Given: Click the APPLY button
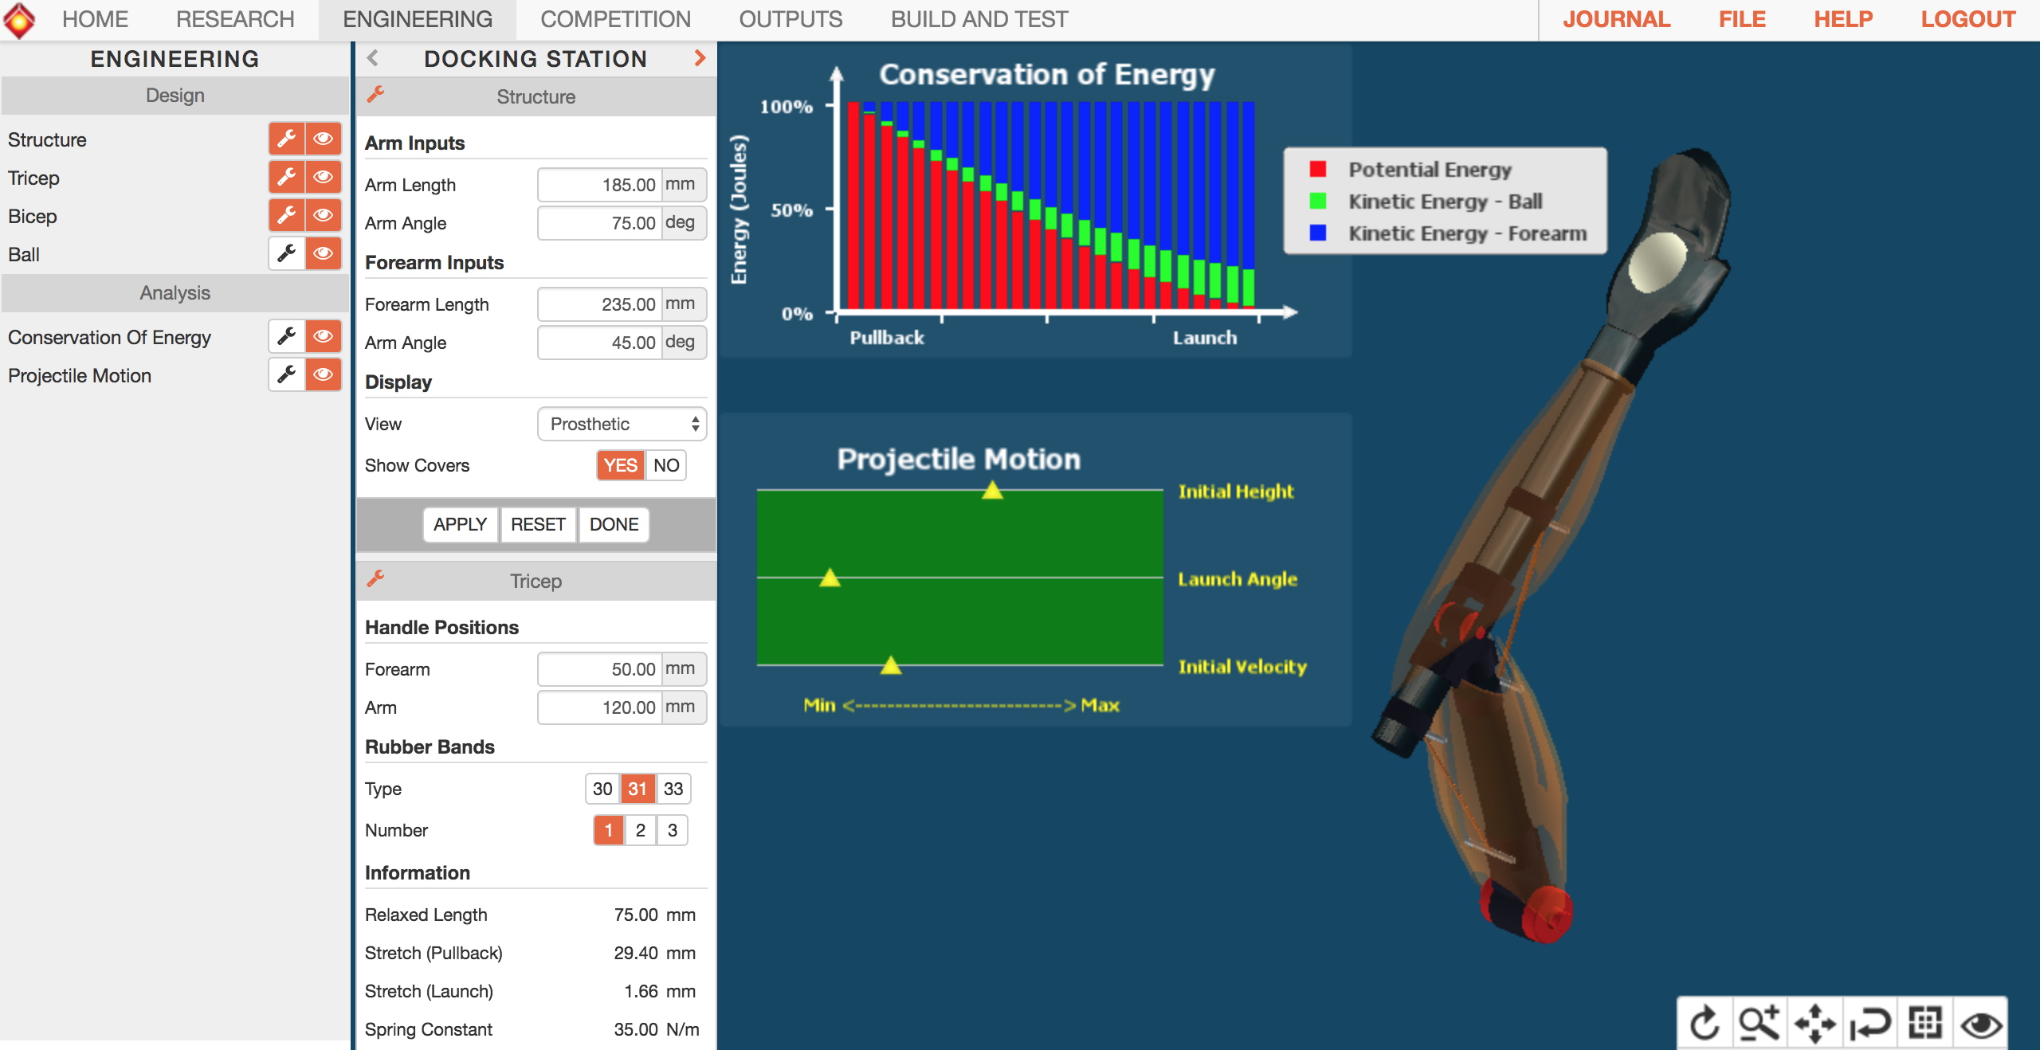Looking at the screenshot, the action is click(x=460, y=524).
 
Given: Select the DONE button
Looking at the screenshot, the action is click(x=614, y=524).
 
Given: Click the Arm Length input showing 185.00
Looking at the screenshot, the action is click(x=600, y=185).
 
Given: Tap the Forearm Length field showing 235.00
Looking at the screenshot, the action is click(x=600, y=304).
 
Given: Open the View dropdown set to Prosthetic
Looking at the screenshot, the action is click(x=622, y=424).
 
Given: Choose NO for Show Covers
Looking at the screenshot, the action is click(x=666, y=465).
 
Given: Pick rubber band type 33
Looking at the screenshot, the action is click(x=673, y=789).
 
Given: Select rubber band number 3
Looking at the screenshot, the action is click(x=673, y=830).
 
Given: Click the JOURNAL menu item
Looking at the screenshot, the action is click(x=1616, y=19).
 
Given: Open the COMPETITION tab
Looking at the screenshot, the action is click(x=615, y=19).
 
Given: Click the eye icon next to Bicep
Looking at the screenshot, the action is click(x=324, y=215).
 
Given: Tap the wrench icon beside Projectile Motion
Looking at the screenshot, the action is click(x=287, y=374).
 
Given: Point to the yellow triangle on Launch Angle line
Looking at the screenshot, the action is click(x=830, y=578).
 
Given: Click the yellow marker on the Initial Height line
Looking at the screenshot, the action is click(x=992, y=490).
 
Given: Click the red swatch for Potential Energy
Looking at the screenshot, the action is click(x=1318, y=169).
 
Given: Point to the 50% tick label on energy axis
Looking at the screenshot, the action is click(x=791, y=210).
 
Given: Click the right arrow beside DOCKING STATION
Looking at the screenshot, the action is click(x=700, y=58).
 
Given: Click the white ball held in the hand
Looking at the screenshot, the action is click(x=1657, y=262).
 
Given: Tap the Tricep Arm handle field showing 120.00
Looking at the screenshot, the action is click(x=600, y=707).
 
